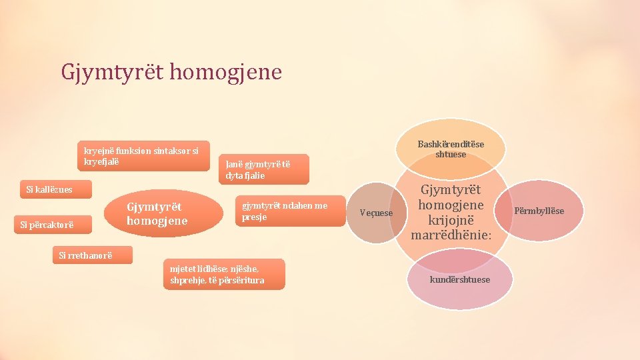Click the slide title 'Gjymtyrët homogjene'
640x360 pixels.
pyautogui.click(x=171, y=71)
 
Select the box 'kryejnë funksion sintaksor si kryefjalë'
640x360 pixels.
pyautogui.click(x=141, y=156)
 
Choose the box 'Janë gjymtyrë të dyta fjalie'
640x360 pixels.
pyautogui.click(x=263, y=170)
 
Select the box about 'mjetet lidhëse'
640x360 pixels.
pyautogui.click(x=223, y=274)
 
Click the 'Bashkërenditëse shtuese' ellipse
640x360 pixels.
pyautogui.click(x=451, y=149)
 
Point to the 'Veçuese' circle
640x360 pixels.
pyautogui.click(x=376, y=213)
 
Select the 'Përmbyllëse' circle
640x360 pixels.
pyautogui.click(x=539, y=211)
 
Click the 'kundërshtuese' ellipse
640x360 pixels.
pyautogui.click(x=459, y=279)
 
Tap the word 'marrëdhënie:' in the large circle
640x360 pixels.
pyautogui.click(x=451, y=235)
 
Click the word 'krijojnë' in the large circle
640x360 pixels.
pyautogui.click(x=451, y=220)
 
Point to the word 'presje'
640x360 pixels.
pyautogui.click(x=254, y=217)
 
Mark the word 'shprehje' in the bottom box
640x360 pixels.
pyautogui.click(x=183, y=280)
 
